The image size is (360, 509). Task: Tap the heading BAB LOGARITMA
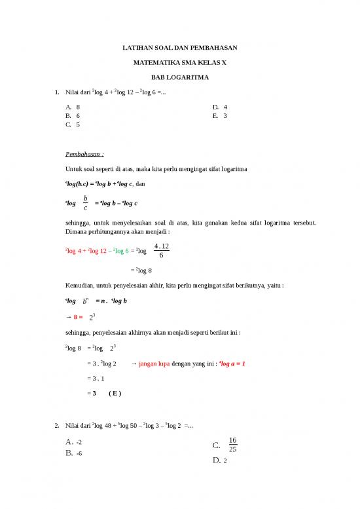pyautogui.click(x=180, y=77)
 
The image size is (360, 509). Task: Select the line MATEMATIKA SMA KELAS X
pyautogui.click(x=180, y=62)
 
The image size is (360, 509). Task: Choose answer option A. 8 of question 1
pyautogui.click(x=73, y=106)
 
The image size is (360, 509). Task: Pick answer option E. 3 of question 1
pyautogui.click(x=220, y=115)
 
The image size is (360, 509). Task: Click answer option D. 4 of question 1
pyautogui.click(x=220, y=106)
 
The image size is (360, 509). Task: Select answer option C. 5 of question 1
pyautogui.click(x=73, y=124)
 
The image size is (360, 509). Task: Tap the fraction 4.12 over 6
pyautogui.click(x=160, y=251)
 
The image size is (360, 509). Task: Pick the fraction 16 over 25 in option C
pyautogui.click(x=232, y=444)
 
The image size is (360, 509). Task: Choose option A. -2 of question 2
pyautogui.click(x=73, y=442)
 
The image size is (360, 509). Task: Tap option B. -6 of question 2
pyautogui.click(x=73, y=453)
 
